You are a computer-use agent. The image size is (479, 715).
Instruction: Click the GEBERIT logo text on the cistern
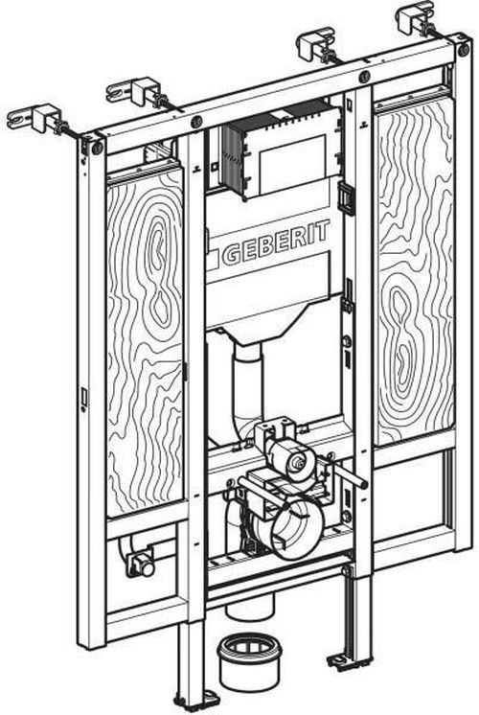click(275, 242)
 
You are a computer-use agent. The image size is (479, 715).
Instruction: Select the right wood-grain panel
click(414, 272)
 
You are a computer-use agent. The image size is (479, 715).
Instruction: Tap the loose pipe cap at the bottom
click(250, 663)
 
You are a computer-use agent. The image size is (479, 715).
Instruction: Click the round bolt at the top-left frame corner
click(97, 148)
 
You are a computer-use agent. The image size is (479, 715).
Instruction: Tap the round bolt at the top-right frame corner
click(464, 50)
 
